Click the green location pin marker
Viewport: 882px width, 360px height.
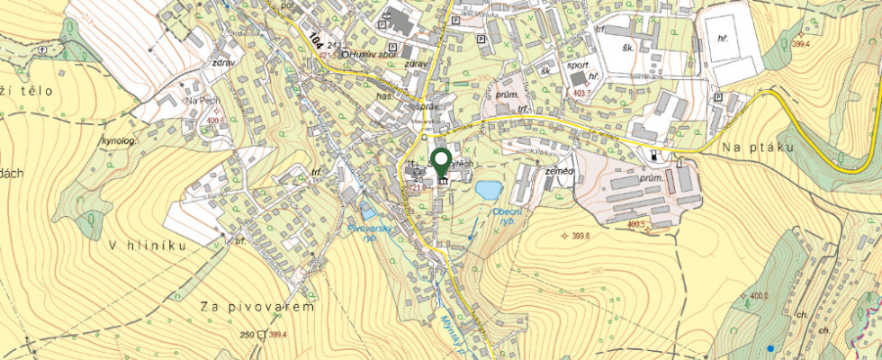coord(441,163)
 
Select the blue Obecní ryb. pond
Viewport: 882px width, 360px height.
coord(488,190)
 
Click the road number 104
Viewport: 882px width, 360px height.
coord(316,40)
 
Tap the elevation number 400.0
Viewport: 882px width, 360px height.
coord(760,296)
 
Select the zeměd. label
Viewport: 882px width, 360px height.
coord(560,171)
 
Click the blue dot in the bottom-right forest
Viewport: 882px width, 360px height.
coord(769,347)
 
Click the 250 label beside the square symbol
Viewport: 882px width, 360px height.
coord(247,335)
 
